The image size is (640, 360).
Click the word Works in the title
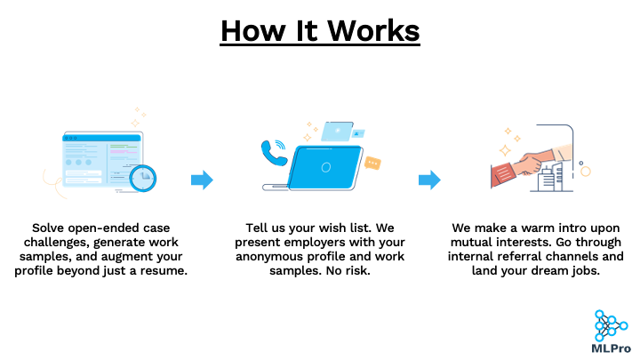click(x=373, y=30)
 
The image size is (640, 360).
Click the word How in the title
click(x=253, y=30)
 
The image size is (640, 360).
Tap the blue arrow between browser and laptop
click(x=202, y=180)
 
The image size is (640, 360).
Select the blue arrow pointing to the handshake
click(x=429, y=180)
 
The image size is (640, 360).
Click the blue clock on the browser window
click(x=143, y=178)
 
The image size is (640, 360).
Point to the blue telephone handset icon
click(x=272, y=153)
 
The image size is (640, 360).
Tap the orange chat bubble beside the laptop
click(x=372, y=164)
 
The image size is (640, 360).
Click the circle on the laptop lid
click(x=325, y=167)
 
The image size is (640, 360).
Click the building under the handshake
click(x=550, y=178)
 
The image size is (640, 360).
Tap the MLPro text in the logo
click(x=611, y=348)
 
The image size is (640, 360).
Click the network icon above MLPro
click(x=611, y=325)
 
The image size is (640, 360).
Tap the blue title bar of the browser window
click(x=101, y=138)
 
